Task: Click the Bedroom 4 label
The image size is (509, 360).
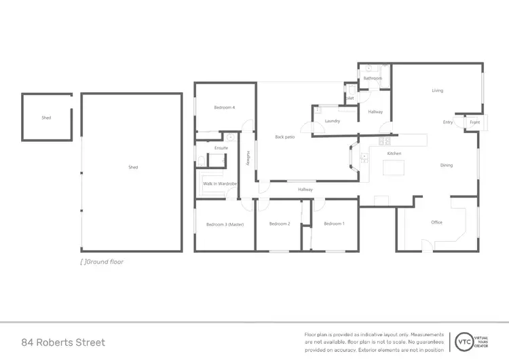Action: [x=224, y=107]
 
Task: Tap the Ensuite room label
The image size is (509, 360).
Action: [x=221, y=147]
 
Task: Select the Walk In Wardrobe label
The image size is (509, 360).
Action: [x=219, y=183]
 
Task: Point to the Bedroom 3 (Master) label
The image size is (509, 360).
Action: [x=225, y=224]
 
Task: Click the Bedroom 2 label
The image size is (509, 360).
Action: [x=280, y=224]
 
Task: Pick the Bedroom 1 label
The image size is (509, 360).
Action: [x=334, y=224]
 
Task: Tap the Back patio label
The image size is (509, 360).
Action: [x=284, y=137]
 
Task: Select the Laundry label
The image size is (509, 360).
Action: [x=333, y=121]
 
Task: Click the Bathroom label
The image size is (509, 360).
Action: [x=373, y=78]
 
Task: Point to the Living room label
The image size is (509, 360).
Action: [x=438, y=90]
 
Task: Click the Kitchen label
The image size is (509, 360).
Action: [x=394, y=154]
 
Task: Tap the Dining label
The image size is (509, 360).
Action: [x=447, y=165]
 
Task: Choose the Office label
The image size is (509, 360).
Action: [x=436, y=222]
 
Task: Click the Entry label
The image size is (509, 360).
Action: [x=448, y=122]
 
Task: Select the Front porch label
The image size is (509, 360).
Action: [x=474, y=122]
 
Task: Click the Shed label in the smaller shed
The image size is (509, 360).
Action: [x=46, y=118]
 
